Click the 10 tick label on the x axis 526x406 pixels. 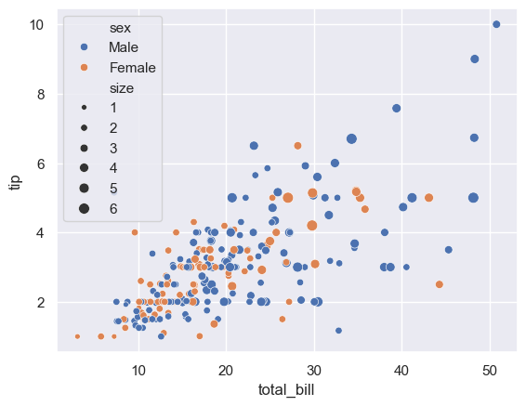(138, 368)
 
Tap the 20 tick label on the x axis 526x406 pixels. (226, 368)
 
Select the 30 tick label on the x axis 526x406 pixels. (314, 368)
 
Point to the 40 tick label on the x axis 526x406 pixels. (401, 368)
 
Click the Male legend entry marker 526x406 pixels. (84, 46)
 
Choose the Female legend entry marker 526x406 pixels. (84, 68)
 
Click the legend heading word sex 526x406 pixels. (120, 27)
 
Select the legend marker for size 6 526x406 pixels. (84, 209)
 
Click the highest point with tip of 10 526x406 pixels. (496, 24)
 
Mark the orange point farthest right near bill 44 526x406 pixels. (440, 284)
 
